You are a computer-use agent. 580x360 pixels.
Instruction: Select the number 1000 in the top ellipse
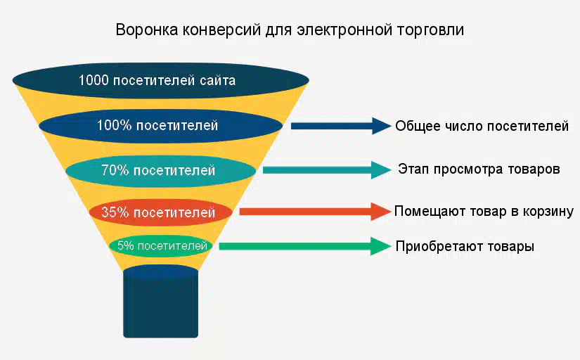point(94,80)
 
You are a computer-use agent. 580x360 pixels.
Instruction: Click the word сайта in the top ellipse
point(217,80)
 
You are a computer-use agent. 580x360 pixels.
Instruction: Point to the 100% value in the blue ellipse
point(115,125)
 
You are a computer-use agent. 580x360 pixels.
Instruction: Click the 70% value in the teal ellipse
point(115,170)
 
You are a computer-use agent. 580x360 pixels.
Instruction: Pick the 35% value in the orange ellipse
point(115,212)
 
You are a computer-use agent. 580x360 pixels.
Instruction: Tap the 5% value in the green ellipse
point(125,245)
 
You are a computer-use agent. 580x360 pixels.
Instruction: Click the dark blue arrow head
point(381,126)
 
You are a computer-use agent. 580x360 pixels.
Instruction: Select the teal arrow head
point(381,170)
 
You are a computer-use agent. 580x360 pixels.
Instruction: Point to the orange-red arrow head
point(381,212)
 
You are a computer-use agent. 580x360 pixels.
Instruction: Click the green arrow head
point(380,246)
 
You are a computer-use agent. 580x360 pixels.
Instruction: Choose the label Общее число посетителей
point(482,126)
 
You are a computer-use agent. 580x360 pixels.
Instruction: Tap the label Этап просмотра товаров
point(479,169)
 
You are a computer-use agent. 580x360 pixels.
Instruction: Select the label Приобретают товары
point(465,246)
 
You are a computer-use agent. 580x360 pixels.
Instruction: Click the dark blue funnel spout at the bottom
point(160,301)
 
